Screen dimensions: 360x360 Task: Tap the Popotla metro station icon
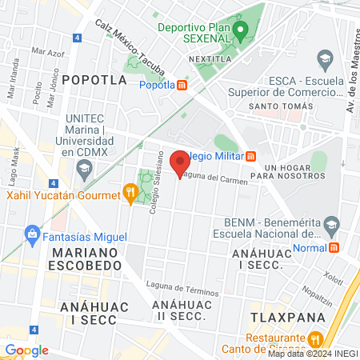[x=182, y=86]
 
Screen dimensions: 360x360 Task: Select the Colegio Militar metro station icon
[x=250, y=157]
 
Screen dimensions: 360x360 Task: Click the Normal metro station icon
[x=334, y=248]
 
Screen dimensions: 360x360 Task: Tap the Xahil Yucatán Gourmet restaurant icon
[x=130, y=193]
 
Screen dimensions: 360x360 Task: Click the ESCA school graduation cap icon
[x=325, y=58]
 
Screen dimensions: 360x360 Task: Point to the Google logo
[x=26, y=350]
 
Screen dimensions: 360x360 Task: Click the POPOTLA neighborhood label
[x=94, y=80]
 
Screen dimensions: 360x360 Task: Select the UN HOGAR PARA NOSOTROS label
[x=279, y=168]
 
